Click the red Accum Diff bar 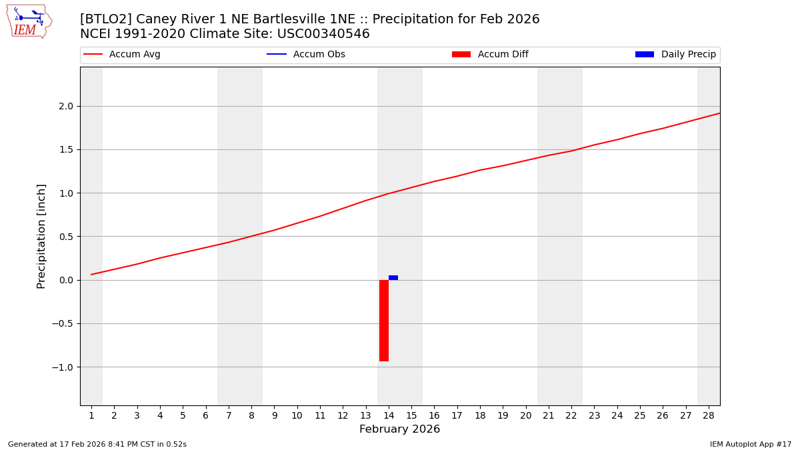pos(384,321)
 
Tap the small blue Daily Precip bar pos(393,277)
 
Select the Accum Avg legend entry pos(122,55)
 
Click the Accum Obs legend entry pos(306,55)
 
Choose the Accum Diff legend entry pos(490,55)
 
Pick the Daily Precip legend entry pos(675,55)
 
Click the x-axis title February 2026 pos(399,429)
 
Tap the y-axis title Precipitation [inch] pos(41,236)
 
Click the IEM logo pos(29,21)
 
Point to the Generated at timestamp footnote pos(97,444)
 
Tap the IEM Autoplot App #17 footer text pos(750,444)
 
